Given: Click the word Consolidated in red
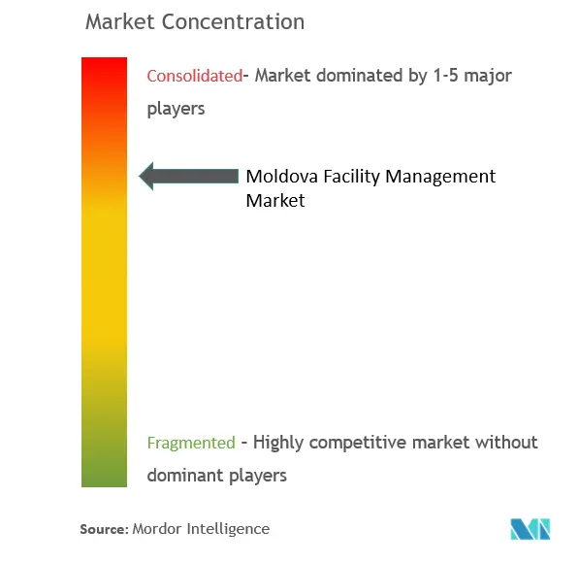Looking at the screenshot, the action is click(195, 76).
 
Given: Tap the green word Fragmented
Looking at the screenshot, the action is click(191, 443).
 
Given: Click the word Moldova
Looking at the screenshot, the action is click(282, 176).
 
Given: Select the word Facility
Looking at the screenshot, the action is click(351, 177).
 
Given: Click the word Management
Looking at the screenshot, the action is click(440, 177).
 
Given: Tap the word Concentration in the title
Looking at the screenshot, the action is click(233, 21).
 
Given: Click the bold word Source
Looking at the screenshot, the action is click(104, 529).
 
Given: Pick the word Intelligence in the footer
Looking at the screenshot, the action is click(228, 529).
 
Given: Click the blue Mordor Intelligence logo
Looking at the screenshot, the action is click(531, 529).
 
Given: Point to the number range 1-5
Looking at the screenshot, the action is click(446, 76).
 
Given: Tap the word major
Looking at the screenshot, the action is click(488, 77).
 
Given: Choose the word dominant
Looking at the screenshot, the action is click(186, 475).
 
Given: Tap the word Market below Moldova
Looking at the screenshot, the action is click(275, 201).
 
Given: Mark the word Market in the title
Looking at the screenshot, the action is click(120, 21).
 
